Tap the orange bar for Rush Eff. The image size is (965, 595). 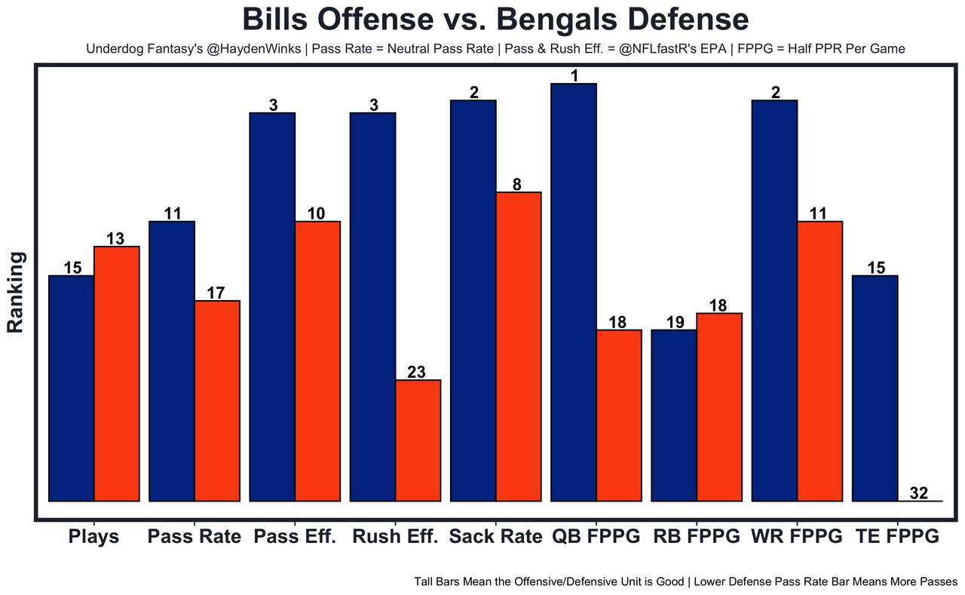[418, 440]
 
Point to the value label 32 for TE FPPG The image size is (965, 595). [919, 493]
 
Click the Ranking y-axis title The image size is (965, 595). [16, 293]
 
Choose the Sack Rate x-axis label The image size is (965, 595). [495, 537]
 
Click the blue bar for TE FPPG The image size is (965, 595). [875, 388]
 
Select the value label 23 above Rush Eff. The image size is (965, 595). [417, 372]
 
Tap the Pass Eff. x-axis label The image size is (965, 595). [295, 537]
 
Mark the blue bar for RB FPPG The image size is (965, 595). [674, 416]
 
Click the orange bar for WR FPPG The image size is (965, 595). [820, 361]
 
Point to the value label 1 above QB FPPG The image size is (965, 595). [574, 76]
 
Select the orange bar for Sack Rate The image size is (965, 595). [519, 346]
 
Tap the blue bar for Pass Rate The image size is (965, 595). [172, 361]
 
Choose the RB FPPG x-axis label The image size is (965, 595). [697, 537]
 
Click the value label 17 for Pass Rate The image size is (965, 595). [216, 293]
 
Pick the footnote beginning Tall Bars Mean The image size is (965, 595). [685, 582]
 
